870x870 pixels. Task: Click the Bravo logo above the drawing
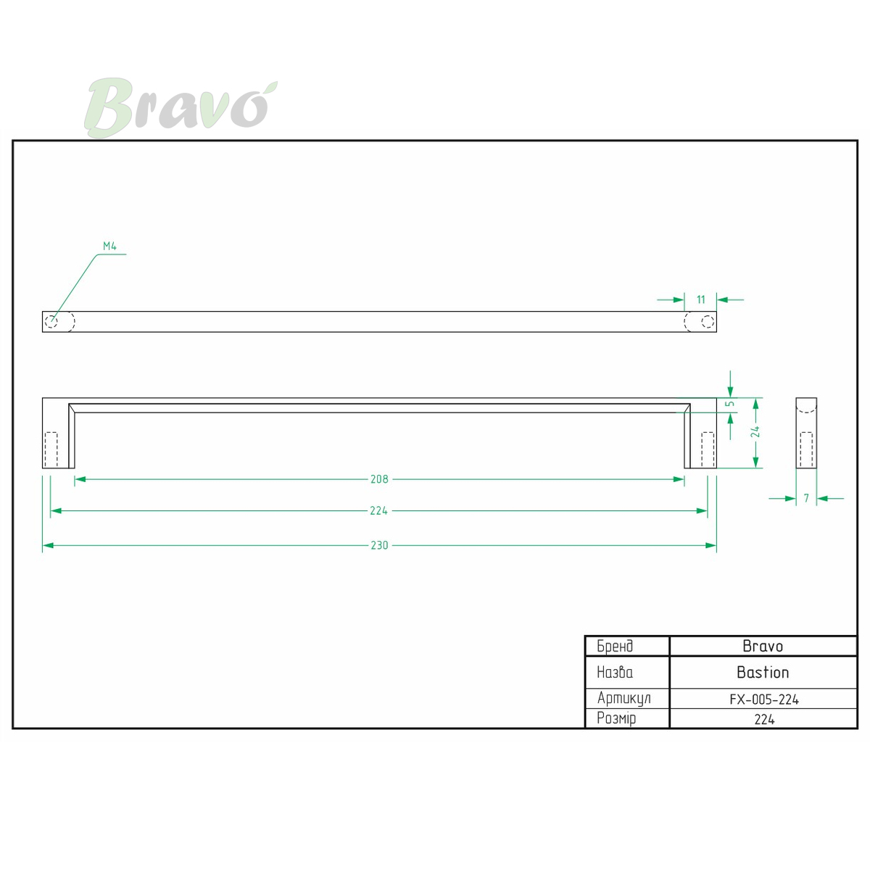coord(180,107)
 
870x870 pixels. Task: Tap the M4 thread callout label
coord(109,246)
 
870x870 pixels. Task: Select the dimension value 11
coord(700,299)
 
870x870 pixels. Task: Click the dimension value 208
coord(379,479)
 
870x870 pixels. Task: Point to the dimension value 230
coord(379,545)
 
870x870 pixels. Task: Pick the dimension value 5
coord(730,403)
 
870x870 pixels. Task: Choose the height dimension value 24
coord(755,432)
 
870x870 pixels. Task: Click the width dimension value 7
coord(806,498)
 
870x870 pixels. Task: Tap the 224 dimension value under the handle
coord(378,510)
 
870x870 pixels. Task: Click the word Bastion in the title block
coord(763,672)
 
